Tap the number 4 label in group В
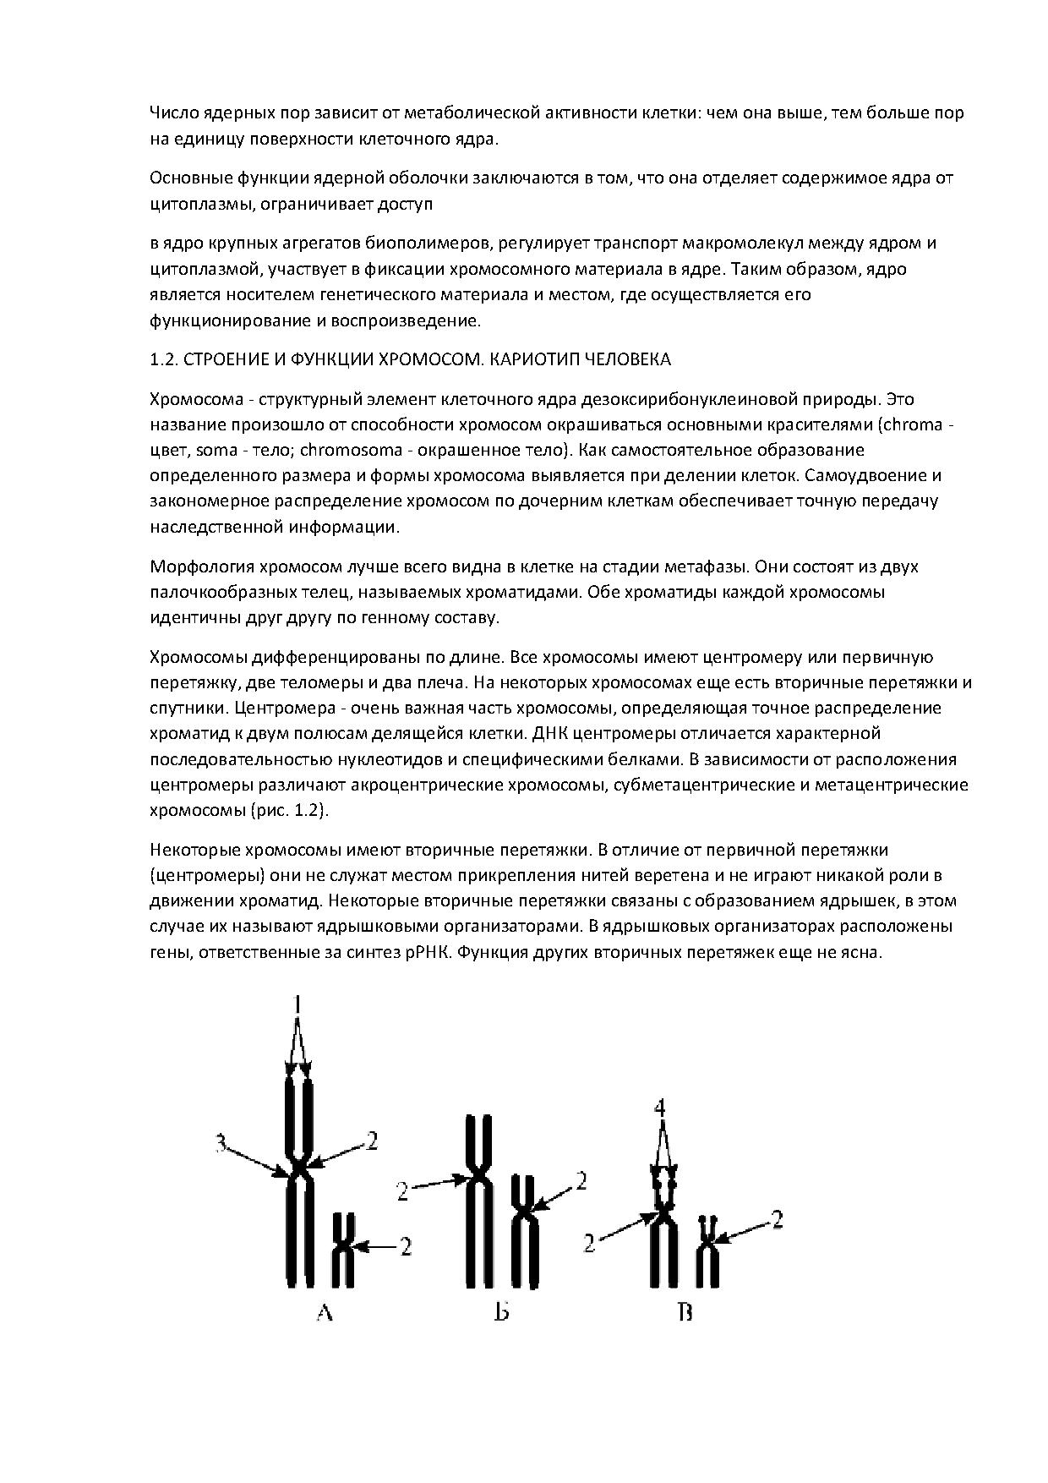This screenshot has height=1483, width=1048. pyautogui.click(x=661, y=1107)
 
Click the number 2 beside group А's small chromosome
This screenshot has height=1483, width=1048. pyautogui.click(x=406, y=1245)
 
